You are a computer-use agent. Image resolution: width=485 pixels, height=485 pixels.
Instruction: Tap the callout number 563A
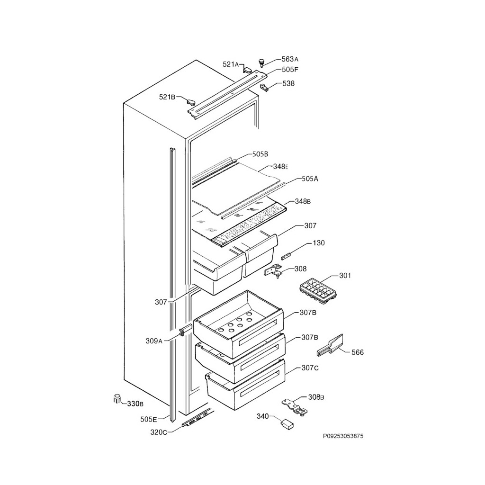(x=290, y=59)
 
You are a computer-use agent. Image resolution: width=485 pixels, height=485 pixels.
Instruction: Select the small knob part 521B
(x=191, y=102)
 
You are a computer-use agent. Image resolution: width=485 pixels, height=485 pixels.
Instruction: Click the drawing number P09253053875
(x=343, y=436)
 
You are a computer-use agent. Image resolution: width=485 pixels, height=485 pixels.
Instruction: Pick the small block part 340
(x=287, y=424)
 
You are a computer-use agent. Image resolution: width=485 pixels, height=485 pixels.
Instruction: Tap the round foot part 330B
(x=117, y=399)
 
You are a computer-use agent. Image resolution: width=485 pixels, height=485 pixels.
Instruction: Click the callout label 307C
(x=310, y=368)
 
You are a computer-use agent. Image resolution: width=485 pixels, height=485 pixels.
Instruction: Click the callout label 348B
(x=303, y=201)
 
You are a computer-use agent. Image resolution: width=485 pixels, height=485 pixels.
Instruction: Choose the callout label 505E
(x=148, y=419)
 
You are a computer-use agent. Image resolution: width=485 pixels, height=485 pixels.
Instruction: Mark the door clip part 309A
(x=185, y=331)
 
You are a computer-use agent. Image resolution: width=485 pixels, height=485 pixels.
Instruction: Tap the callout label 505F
(x=290, y=70)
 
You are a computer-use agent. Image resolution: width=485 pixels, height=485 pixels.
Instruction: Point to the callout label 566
(x=358, y=352)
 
